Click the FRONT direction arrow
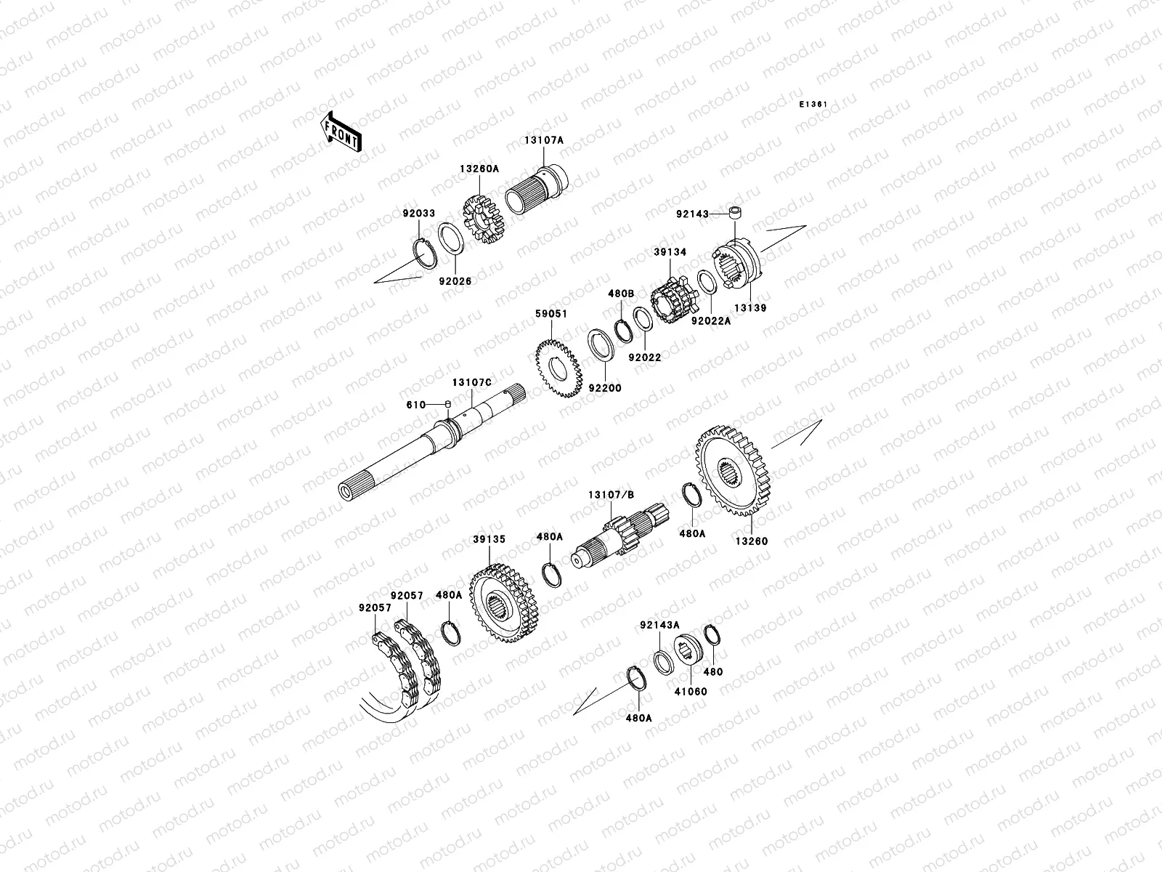341,132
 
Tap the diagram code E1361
813,105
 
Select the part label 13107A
544,140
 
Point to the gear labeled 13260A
484,219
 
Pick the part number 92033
419,214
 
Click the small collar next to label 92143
735,213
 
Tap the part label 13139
750,307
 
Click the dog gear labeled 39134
674,300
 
